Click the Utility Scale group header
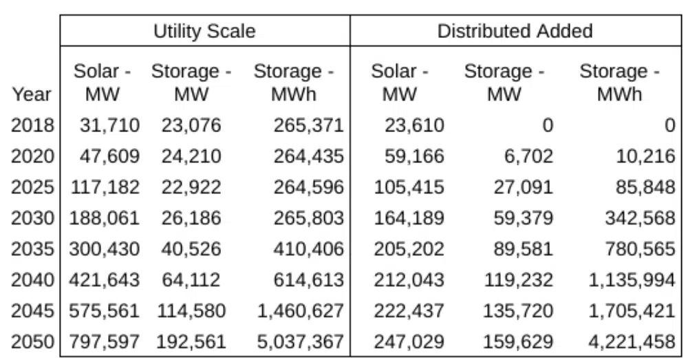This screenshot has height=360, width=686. tap(204, 31)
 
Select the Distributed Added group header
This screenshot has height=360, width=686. tap(515, 31)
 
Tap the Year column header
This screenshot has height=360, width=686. tap(32, 94)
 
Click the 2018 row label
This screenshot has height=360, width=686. tap(32, 125)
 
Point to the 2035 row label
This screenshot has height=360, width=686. tap(32, 248)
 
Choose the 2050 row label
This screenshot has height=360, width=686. tap(32, 341)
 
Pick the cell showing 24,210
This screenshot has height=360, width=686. tap(191, 156)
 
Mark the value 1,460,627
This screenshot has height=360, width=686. tap(300, 310)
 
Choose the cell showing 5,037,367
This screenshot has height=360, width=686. tap(300, 341)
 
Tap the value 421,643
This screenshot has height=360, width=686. tap(105, 279)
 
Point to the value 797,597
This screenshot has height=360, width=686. tap(105, 341)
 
